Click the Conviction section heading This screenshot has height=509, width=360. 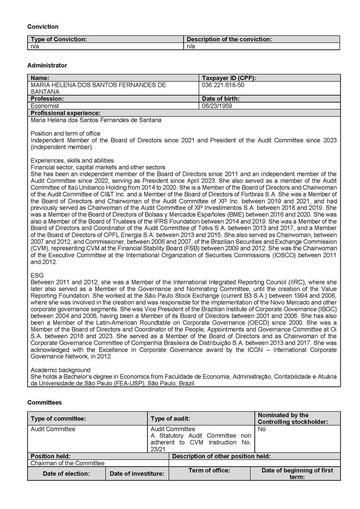point(43,27)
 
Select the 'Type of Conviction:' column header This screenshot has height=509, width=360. point(59,39)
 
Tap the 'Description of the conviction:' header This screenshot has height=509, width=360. point(229,39)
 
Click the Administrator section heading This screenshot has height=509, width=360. point(47,65)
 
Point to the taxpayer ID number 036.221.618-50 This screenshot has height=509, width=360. point(223,85)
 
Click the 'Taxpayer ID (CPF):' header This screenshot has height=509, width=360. point(229,78)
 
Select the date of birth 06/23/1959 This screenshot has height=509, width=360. point(218,106)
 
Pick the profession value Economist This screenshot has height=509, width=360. point(45,106)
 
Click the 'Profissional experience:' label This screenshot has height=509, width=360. point(65,113)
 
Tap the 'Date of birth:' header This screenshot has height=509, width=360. point(221,99)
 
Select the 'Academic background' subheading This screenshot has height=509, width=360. point(60,370)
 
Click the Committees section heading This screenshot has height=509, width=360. point(44,402)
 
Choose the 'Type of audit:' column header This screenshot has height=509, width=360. point(170,418)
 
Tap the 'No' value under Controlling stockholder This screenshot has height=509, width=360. point(262,429)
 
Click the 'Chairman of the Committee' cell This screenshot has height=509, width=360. point(68,463)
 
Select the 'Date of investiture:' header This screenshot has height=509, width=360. point(137,473)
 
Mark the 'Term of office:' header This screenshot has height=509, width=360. point(209,470)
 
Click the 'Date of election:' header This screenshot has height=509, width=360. point(66,473)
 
